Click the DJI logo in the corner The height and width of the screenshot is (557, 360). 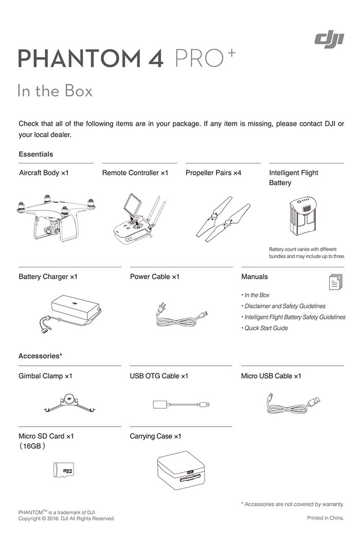[x=329, y=38]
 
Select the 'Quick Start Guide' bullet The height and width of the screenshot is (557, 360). [x=266, y=328]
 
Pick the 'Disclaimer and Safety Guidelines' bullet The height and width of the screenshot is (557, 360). [x=284, y=306]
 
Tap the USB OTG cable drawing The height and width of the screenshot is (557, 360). [x=181, y=404]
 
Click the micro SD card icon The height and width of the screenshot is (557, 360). [x=64, y=470]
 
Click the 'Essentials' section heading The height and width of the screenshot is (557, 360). [x=35, y=154]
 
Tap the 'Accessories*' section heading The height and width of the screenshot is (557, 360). [x=40, y=356]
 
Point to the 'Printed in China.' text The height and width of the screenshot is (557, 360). [x=326, y=518]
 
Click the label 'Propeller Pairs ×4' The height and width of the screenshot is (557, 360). [x=213, y=173]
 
